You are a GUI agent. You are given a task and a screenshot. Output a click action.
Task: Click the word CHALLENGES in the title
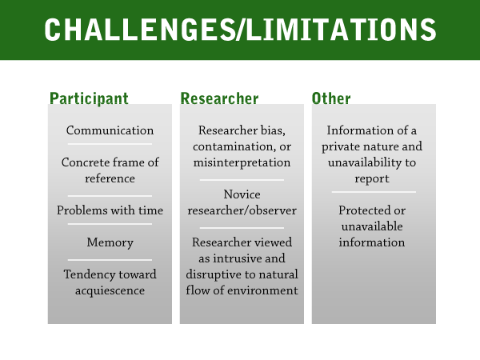[x=140, y=30]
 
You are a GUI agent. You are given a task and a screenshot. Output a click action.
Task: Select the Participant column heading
[x=89, y=98]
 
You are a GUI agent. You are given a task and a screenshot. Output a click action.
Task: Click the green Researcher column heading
[x=219, y=98]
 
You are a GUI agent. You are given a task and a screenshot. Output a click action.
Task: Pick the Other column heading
[x=331, y=98]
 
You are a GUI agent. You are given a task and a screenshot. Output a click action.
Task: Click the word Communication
[x=110, y=130]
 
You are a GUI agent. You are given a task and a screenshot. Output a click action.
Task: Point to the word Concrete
[x=82, y=162]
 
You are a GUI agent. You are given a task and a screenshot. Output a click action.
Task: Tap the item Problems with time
[x=110, y=210]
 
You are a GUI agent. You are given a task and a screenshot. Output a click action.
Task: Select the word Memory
[x=110, y=242]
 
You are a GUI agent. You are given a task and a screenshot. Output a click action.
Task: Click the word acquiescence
[x=110, y=290]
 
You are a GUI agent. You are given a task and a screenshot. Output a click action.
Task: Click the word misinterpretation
[x=242, y=162]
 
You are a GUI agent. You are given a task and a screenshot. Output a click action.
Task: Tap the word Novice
[x=242, y=194]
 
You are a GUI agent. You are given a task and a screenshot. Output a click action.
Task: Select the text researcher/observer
[x=242, y=210]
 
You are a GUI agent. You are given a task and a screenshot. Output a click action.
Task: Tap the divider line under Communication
[x=110, y=144]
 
